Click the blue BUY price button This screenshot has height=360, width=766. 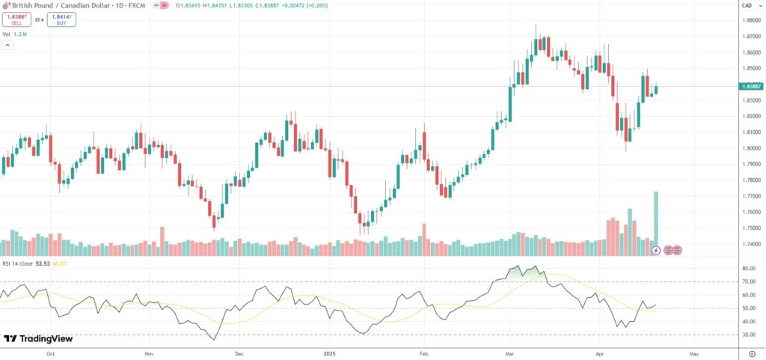(61, 19)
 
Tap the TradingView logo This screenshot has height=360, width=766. (38, 338)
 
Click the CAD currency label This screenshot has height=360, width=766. (747, 5)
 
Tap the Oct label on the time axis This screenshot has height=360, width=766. (51, 352)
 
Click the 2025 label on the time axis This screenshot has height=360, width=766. (330, 352)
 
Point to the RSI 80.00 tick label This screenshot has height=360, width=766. (748, 268)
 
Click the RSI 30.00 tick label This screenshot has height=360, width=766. (748, 335)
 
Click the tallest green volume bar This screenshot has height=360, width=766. (656, 224)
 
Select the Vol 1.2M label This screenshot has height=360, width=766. (16, 34)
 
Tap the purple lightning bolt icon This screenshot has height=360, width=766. (656, 250)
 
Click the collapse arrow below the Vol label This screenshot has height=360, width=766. (8, 45)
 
